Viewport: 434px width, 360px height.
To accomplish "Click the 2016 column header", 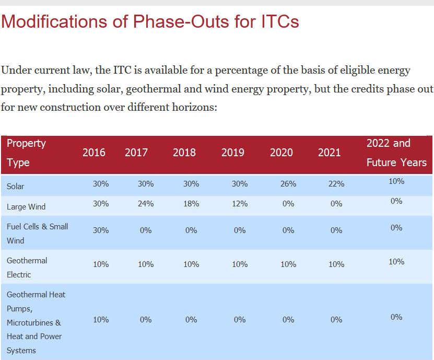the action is pos(94,153).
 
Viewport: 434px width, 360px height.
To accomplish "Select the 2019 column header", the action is pos(233,153).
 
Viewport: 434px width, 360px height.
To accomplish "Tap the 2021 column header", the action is pos(329,153).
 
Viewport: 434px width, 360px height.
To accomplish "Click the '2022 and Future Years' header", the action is pos(396,153).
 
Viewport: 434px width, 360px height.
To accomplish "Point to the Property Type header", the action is pos(26,153).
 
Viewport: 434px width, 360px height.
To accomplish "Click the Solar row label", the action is pos(15,187).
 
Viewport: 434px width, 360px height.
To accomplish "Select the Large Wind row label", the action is pos(26,207).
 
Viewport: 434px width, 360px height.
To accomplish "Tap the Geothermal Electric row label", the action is pos(27,268).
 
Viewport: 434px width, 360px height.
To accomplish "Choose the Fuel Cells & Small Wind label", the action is pos(38,234).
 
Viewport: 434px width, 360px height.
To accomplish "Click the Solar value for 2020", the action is pos(288,184).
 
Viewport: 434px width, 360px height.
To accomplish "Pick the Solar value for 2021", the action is pos(336,184).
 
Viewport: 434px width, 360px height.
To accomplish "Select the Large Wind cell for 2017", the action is pos(146,204).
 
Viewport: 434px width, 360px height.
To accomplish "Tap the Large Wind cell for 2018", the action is pos(191,204).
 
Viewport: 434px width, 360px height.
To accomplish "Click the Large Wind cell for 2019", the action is pos(240,204).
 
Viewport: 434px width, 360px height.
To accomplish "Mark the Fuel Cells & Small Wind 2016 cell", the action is pos(101,230).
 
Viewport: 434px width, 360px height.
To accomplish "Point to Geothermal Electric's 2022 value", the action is pos(396,262).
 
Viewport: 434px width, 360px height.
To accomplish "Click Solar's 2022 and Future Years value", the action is pos(396,181).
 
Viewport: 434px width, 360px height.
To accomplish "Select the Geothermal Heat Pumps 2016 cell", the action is pos(101,320).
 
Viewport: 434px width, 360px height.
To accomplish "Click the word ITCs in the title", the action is pos(280,21).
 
